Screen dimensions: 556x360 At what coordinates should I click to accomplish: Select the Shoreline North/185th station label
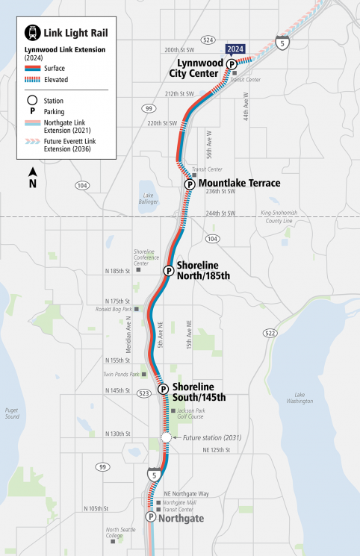[203, 269]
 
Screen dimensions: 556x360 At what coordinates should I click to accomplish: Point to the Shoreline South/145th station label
[199, 391]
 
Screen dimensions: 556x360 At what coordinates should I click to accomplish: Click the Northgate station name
[182, 516]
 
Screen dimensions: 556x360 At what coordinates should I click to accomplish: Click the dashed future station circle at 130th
[167, 437]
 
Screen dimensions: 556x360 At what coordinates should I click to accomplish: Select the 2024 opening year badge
[235, 49]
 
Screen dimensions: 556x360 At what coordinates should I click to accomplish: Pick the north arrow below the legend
[33, 178]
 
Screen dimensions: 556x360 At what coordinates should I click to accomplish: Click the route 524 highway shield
[208, 40]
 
